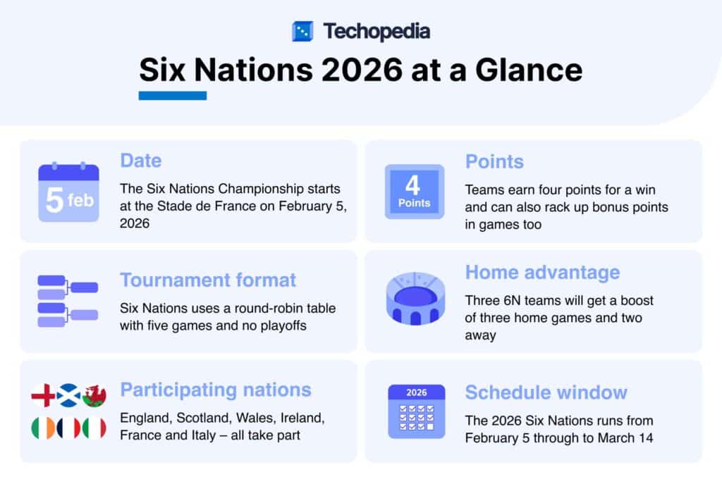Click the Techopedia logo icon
click(302, 31)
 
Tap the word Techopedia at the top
click(377, 31)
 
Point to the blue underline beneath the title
click(172, 96)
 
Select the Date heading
click(140, 161)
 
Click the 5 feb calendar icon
click(68, 192)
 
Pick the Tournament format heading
click(208, 280)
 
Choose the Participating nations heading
click(215, 390)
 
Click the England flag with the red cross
click(43, 397)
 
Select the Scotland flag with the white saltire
click(68, 397)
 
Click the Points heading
click(494, 161)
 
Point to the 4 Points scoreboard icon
click(414, 191)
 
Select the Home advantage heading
click(542, 272)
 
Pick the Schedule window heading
click(546, 392)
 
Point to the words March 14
click(628, 438)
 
